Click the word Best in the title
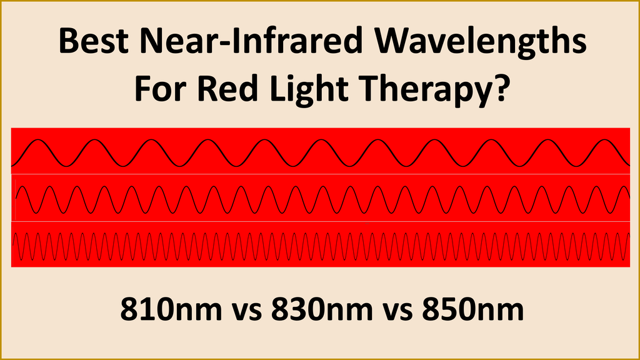92,42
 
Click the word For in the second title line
157,89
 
